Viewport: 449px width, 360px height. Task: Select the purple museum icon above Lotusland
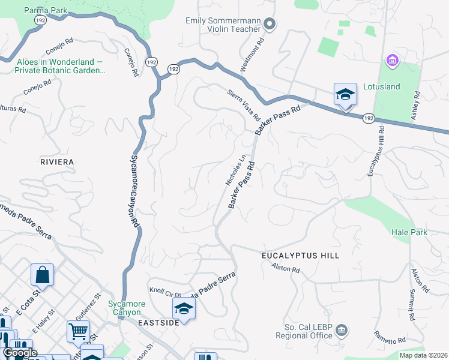393,60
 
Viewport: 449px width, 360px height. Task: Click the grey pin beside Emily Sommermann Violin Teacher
270,24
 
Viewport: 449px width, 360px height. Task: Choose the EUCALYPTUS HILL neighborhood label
300,256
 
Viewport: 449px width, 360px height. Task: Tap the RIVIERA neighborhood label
56,162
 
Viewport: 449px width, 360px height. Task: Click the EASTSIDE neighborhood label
158,323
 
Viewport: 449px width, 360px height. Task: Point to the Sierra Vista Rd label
243,104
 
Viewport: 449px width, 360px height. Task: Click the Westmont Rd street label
252,56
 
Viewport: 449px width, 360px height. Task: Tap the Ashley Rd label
416,106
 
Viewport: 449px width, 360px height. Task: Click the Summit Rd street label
412,305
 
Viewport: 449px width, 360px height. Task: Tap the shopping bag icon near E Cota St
43,275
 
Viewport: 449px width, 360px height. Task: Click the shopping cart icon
78,331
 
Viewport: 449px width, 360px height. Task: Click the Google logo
19,352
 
